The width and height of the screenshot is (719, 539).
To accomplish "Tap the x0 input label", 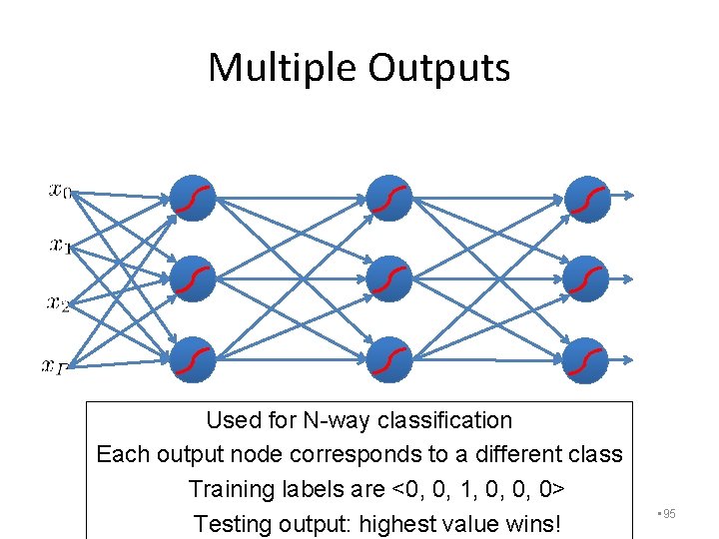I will pyautogui.click(x=59, y=190).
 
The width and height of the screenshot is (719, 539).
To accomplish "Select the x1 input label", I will pyautogui.click(x=60, y=245).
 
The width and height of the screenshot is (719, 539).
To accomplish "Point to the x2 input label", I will pyautogui.click(x=58, y=300).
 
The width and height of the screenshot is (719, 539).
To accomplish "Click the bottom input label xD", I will pyautogui.click(x=55, y=366).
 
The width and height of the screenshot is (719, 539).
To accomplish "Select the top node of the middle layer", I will pyautogui.click(x=387, y=197).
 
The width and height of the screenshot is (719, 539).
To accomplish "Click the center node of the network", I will pyautogui.click(x=387, y=278).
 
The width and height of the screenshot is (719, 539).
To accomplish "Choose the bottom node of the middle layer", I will pyautogui.click(x=387, y=360).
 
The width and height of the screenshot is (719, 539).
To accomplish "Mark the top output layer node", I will pyautogui.click(x=586, y=197).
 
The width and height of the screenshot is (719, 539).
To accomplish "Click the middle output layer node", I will pyautogui.click(x=586, y=278).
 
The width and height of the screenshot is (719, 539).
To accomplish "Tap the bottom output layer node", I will pyautogui.click(x=586, y=360).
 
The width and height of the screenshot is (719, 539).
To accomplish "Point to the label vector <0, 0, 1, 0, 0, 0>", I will pyautogui.click(x=480, y=489).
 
